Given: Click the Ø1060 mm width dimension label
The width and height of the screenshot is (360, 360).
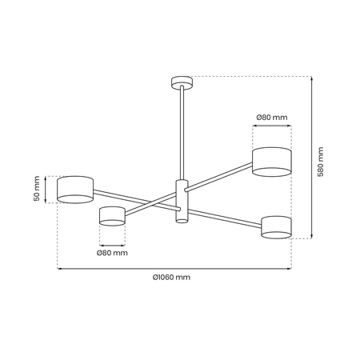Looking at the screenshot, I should coord(171,277).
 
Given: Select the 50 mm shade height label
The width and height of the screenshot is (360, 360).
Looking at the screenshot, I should coord(35,188).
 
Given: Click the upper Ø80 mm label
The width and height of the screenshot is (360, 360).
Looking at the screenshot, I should coord(271,118).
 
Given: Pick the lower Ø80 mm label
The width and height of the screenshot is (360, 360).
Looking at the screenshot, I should coord(112,253).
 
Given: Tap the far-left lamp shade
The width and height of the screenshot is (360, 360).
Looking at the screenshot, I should coord(75,189).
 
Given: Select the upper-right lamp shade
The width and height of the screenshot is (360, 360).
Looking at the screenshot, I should coord(271,160).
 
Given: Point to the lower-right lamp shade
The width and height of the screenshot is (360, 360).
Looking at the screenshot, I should coord(276,226).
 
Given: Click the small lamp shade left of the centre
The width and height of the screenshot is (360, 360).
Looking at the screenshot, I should coord(112,215).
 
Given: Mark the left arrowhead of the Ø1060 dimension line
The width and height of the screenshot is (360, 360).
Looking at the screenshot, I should coord(58,268).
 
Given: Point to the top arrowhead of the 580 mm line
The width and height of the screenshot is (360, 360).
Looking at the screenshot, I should coord(311,78).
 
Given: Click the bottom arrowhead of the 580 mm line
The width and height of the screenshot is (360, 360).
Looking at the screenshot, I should coord(311,236).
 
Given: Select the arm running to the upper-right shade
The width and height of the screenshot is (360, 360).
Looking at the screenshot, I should coord(220,177).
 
